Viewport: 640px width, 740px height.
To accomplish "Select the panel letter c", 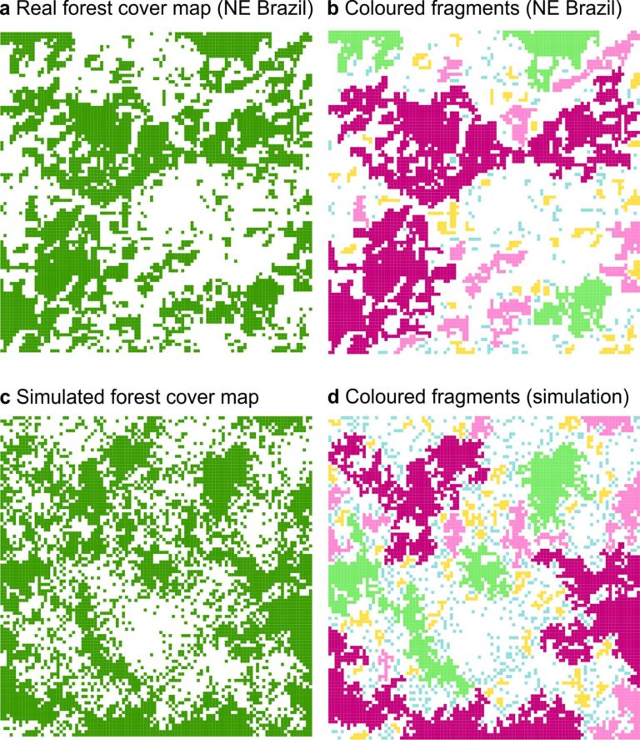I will [x=7, y=399].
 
